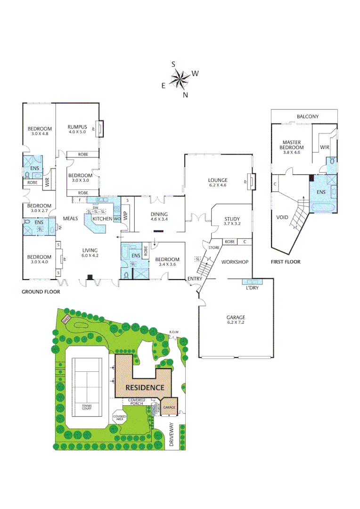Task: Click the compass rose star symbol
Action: click(179, 79)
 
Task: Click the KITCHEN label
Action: click(102, 219)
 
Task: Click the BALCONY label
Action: click(307, 116)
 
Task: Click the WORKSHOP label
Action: click(234, 262)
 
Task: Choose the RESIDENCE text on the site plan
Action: click(145, 387)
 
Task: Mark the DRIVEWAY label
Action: click(171, 435)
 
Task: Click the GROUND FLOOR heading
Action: click(41, 292)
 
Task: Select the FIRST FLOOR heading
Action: click(286, 262)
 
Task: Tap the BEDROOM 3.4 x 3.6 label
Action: click(167, 262)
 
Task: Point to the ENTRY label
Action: click(195, 279)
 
